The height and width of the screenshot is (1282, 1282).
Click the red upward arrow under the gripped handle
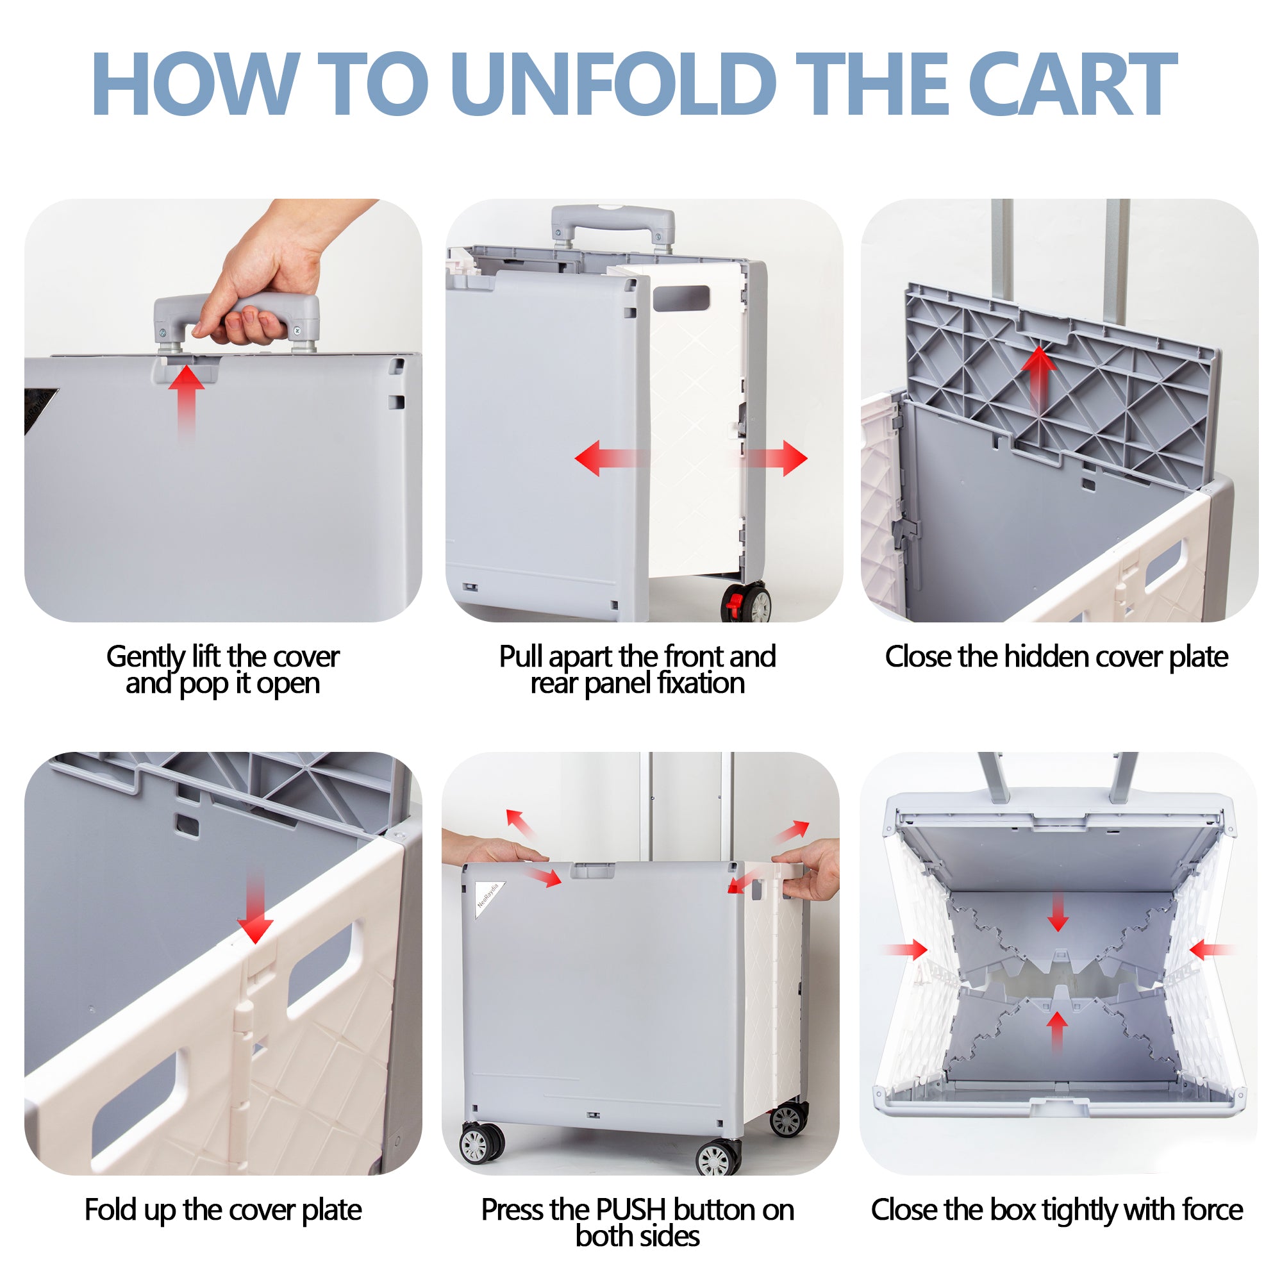point(186,401)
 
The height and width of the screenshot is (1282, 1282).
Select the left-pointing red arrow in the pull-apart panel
point(610,458)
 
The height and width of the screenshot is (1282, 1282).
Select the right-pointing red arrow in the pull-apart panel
point(770,458)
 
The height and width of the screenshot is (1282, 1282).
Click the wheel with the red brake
point(747,603)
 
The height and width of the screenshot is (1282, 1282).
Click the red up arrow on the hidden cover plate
point(1039,378)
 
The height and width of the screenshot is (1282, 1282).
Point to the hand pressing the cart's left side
point(491,849)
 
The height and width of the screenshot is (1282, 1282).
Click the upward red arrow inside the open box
point(1057,1032)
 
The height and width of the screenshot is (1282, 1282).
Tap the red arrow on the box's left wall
point(906,949)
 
